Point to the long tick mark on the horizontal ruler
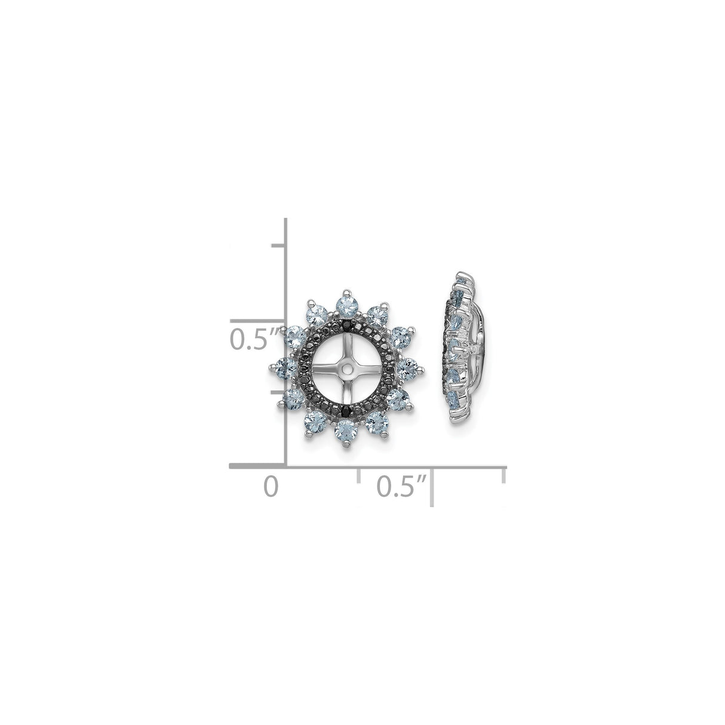(432, 487)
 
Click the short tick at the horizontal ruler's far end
(505, 476)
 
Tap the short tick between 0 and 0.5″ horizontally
(358, 476)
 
